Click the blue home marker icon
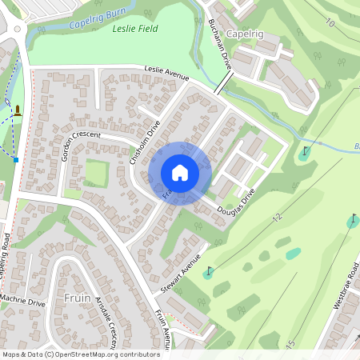[x=180, y=173]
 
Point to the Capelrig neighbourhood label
[x=245, y=35]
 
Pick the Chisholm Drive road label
[x=145, y=144]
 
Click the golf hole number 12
[x=277, y=218]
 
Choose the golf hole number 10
[x=330, y=22]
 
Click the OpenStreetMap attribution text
[x=81, y=354]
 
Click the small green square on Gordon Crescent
[x=97, y=173]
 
